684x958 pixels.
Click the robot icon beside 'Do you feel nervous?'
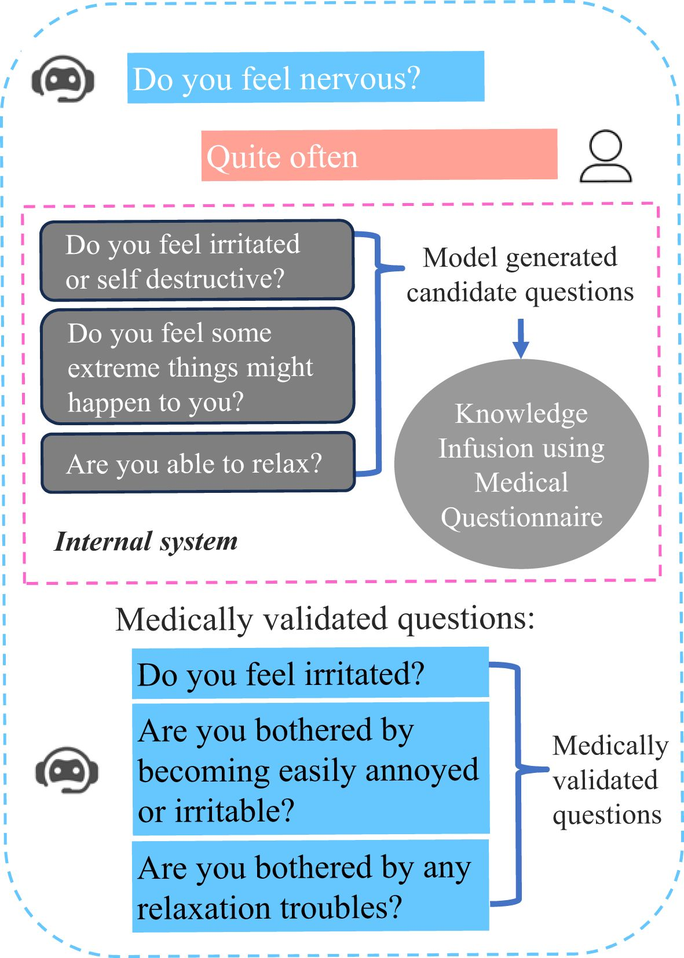[x=63, y=79]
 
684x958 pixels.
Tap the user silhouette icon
[x=606, y=157]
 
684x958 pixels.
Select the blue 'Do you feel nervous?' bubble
[x=306, y=78]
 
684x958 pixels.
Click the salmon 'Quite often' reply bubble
[x=379, y=155]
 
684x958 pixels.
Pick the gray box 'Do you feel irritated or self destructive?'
[x=197, y=260]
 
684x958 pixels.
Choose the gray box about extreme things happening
[x=197, y=366]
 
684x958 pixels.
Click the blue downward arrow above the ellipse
[x=521, y=338]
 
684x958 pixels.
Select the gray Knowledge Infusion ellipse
[x=521, y=464]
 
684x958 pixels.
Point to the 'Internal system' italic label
[x=146, y=541]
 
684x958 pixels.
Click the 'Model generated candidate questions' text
[x=520, y=274]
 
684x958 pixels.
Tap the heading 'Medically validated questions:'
[x=325, y=619]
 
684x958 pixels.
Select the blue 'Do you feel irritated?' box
[x=310, y=673]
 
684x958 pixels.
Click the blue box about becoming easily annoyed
[x=310, y=769]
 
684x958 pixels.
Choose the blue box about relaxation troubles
[x=310, y=886]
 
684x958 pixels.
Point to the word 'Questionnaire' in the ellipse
[x=521, y=517]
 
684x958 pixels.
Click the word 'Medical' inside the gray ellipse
[x=521, y=482]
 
